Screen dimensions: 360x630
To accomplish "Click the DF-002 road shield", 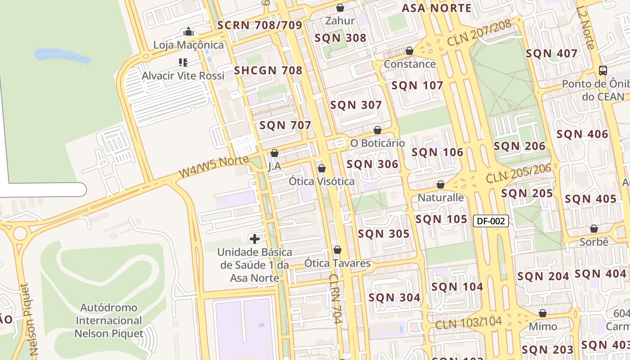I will (491, 221).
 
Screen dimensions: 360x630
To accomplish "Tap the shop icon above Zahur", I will (340, 8).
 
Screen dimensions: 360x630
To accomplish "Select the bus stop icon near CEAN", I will (603, 71).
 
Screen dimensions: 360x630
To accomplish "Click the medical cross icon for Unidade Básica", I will (255, 238).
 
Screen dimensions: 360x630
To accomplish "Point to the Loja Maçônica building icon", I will (189, 32).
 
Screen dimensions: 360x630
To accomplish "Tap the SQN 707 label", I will (285, 125).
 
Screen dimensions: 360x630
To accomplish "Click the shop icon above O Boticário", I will (378, 130).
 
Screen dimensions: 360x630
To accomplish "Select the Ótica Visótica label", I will (321, 181).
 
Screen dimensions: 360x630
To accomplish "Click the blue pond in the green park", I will (62, 55).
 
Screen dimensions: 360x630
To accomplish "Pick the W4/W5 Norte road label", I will (214, 166).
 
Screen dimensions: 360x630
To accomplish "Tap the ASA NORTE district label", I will (436, 8).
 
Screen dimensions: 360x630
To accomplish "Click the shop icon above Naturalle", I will (441, 184).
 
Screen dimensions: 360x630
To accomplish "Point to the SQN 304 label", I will (394, 297).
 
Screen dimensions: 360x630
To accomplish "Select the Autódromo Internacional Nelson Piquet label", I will (108, 320).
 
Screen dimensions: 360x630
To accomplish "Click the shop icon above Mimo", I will (543, 313).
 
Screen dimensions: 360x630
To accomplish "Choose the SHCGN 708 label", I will (268, 70).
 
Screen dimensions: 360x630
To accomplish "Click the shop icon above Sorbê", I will (594, 229).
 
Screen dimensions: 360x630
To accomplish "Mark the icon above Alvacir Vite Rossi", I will (183, 62).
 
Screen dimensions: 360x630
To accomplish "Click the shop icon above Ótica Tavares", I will (337, 250).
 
